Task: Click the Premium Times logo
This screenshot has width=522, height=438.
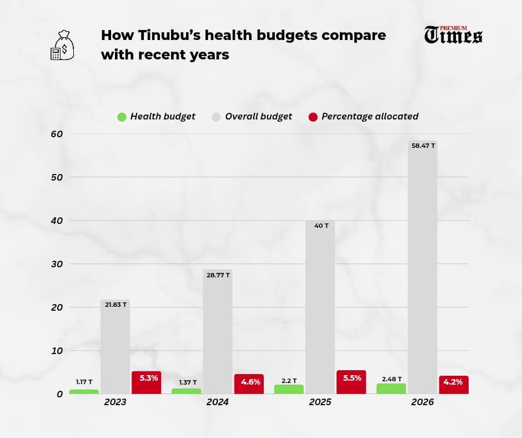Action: (x=453, y=34)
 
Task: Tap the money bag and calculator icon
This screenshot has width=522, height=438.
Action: (x=61, y=45)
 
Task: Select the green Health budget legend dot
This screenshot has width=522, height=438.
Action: (x=122, y=117)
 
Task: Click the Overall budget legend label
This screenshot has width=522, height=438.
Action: (x=258, y=117)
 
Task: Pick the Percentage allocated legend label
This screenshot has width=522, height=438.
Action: (x=370, y=117)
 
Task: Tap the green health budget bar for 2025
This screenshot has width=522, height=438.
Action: (x=289, y=389)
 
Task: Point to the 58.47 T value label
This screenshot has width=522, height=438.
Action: (x=422, y=146)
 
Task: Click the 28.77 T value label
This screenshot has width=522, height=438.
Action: (x=217, y=275)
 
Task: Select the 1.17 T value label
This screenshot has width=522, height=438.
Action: (x=84, y=382)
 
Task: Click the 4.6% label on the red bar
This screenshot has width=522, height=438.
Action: (x=249, y=382)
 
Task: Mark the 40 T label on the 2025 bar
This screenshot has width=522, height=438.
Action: (x=320, y=226)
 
